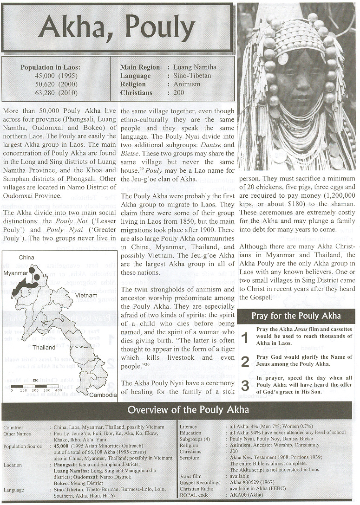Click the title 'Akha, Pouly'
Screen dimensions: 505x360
[117, 28]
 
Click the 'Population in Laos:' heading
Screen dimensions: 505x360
[50, 68]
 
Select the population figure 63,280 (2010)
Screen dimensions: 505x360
[51, 93]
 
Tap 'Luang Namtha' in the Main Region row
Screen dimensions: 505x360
[195, 67]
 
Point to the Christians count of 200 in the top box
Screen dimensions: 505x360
[179, 93]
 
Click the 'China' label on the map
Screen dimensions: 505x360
[26, 257]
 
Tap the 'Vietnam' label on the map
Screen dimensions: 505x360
[86, 295]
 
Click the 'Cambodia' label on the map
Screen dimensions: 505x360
[103, 395]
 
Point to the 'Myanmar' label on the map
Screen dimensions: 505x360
[14, 273]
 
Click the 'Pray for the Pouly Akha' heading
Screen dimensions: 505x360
[296, 316]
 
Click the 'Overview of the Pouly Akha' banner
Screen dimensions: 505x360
[188, 410]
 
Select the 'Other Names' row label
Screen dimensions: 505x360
[16, 434]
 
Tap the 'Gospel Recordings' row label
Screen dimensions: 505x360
[200, 483]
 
